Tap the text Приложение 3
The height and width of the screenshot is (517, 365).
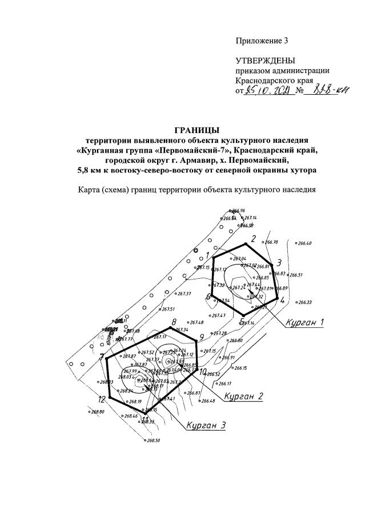coord(262,40)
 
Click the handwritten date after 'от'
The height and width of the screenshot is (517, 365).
coord(267,91)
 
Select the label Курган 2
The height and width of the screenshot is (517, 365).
coord(243,395)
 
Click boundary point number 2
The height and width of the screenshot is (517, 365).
coord(253,239)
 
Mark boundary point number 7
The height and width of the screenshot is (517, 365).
coord(102,358)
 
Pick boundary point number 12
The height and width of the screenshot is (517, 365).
coord(101,399)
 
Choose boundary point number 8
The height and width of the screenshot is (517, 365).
coord(174,322)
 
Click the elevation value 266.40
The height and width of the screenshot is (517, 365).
coord(304,243)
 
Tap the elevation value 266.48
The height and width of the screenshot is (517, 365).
coord(207,402)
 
